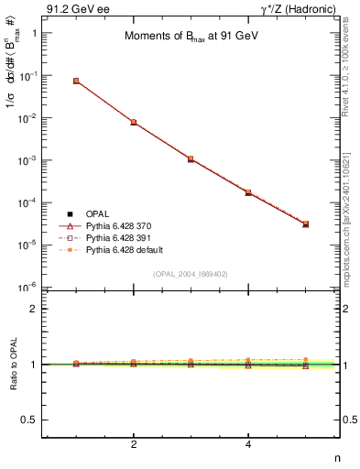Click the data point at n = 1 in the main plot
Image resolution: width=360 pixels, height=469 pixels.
pos(76,81)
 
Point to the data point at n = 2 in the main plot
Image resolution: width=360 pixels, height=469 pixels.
pos(134,122)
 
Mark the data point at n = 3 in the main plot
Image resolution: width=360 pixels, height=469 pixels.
pos(191,158)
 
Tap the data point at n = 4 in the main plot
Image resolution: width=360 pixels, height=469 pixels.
pos(248,192)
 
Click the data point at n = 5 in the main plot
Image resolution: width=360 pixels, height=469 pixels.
pos(305,224)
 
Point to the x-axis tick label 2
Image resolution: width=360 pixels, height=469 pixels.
pos(134,444)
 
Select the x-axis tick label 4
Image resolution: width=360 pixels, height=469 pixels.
pos(248,444)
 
